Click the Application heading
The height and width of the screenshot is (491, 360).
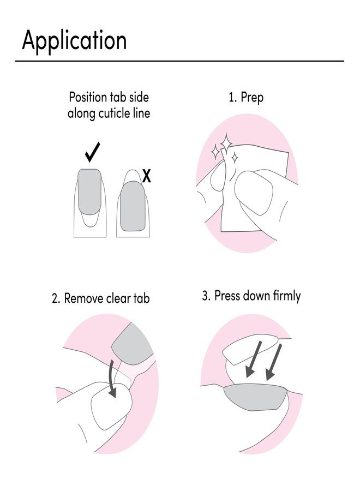click(74, 40)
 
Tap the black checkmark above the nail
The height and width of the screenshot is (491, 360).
click(92, 152)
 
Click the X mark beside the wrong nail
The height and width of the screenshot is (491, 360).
click(146, 176)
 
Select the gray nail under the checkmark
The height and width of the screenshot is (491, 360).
click(89, 191)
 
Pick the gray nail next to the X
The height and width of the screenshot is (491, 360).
click(133, 207)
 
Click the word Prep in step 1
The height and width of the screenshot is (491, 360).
click(252, 98)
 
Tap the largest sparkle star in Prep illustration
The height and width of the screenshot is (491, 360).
click(226, 143)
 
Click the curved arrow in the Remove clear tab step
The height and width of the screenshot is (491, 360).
click(112, 378)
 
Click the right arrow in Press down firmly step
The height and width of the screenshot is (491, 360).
click(274, 362)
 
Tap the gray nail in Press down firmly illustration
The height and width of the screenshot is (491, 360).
click(255, 397)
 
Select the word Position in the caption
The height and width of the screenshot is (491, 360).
click(88, 98)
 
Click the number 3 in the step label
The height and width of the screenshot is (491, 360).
click(206, 296)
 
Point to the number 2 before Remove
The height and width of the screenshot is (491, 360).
click(56, 298)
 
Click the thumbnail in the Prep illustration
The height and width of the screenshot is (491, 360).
click(254, 192)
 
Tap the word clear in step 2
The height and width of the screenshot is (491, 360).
click(119, 298)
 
